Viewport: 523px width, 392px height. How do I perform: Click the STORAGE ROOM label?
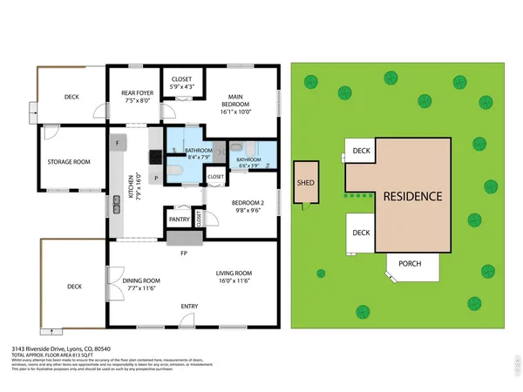pyautogui.click(x=68, y=161)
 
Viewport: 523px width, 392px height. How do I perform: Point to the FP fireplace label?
pyautogui.click(x=184, y=254)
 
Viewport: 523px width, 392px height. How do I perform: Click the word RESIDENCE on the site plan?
pyautogui.click(x=412, y=196)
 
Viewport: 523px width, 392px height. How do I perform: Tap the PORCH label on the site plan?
pyautogui.click(x=411, y=264)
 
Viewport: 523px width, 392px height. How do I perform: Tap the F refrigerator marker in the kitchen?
pyautogui.click(x=116, y=142)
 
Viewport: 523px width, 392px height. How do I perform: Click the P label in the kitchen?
pyautogui.click(x=156, y=179)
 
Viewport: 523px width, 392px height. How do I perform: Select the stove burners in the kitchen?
pyautogui.click(x=156, y=158)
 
